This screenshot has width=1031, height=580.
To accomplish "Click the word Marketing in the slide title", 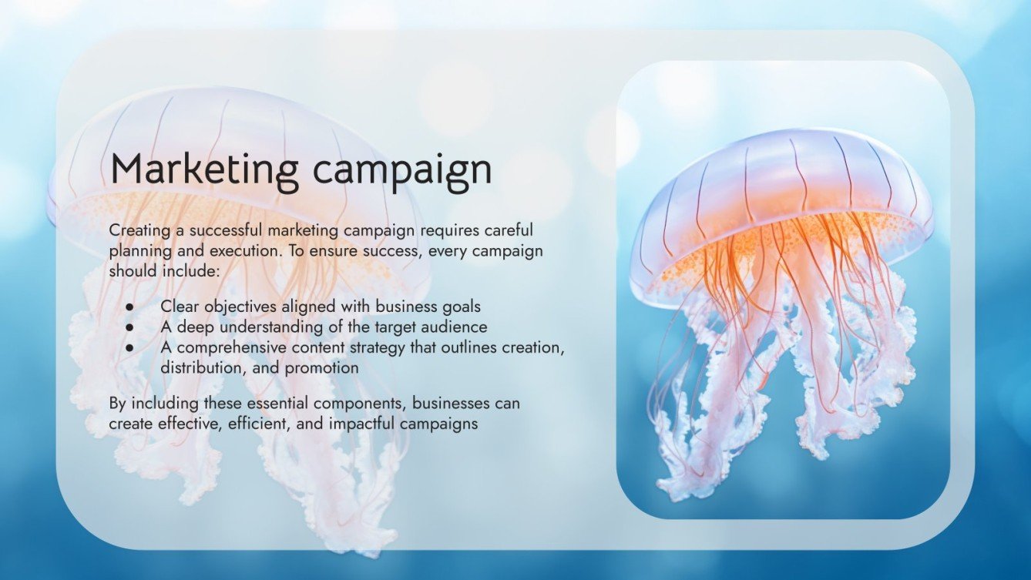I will pyautogui.click(x=199, y=169).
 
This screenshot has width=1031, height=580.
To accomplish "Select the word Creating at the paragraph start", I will pyautogui.click(x=136, y=230).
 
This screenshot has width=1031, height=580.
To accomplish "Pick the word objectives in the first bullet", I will pyautogui.click(x=234, y=307).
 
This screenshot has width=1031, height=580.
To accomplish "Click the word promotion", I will pyautogui.click(x=321, y=368).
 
